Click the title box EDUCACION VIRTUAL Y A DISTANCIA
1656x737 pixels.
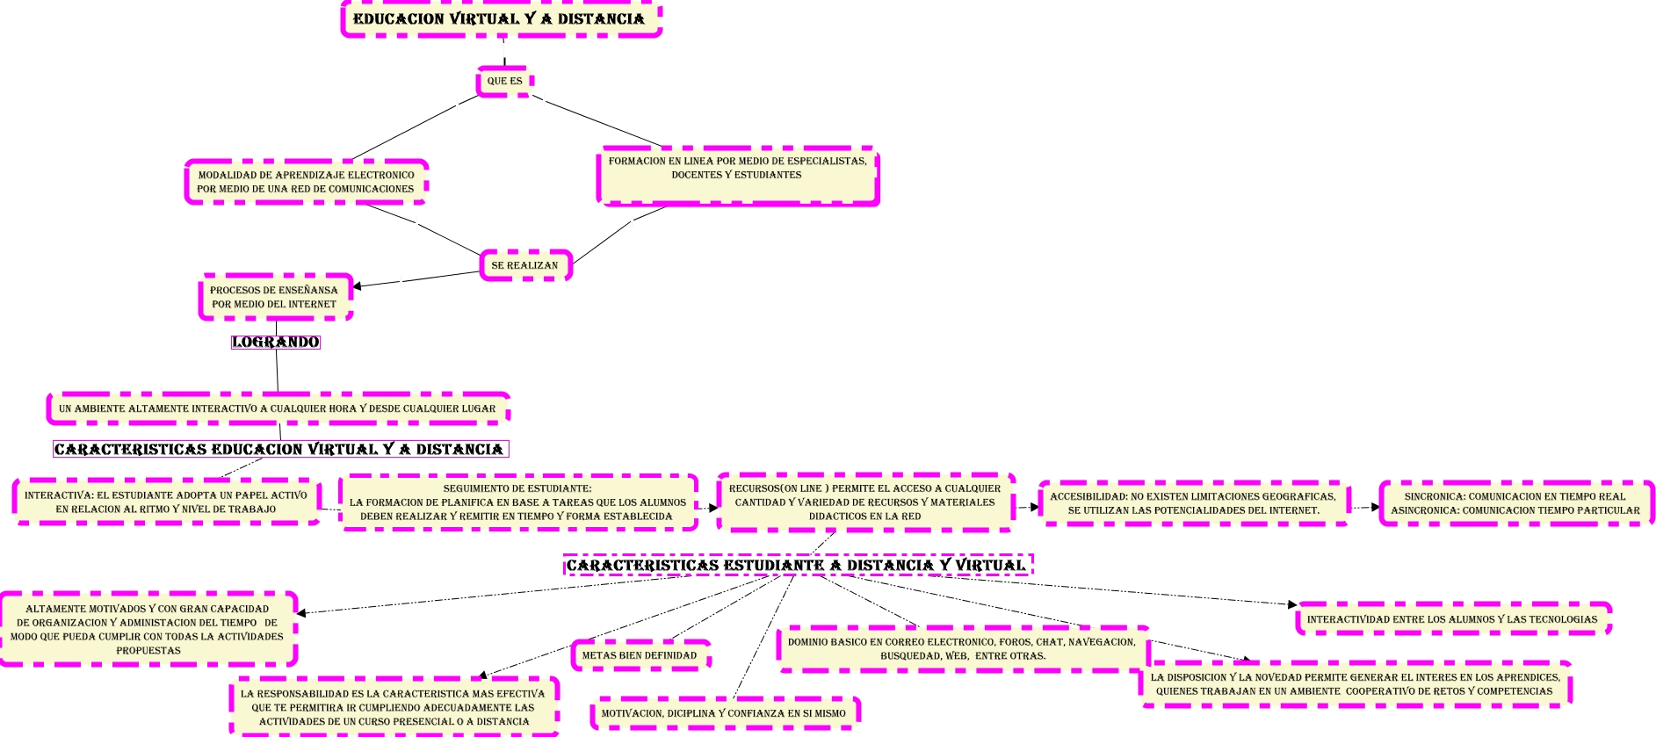pyautogui.click(x=501, y=19)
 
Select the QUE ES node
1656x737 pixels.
pyautogui.click(x=504, y=81)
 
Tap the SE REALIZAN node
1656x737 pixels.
pyautogui.click(x=525, y=265)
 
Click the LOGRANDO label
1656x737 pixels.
pyautogui.click(x=276, y=342)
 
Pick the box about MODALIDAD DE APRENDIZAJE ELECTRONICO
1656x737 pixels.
pyautogui.click(x=306, y=182)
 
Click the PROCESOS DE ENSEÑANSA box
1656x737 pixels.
pyautogui.click(x=275, y=297)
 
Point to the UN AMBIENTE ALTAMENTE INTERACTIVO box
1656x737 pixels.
pyautogui.click(x=278, y=408)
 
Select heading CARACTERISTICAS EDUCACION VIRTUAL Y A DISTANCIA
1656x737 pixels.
pyautogui.click(x=280, y=449)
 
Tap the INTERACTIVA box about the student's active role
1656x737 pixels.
pyautogui.click(x=166, y=502)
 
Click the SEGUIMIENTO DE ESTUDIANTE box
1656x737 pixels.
pyautogui.click(x=518, y=502)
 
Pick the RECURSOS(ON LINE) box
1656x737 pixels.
pyautogui.click(x=865, y=502)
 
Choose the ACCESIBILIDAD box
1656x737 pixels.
pyautogui.click(x=1194, y=503)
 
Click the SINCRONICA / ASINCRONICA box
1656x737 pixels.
pyautogui.click(x=1515, y=503)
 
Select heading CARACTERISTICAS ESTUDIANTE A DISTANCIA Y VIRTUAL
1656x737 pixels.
pyautogui.click(x=797, y=565)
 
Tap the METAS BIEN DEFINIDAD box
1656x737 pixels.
pyautogui.click(x=640, y=655)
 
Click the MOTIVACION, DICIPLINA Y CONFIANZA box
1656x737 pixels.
pyautogui.click(x=724, y=713)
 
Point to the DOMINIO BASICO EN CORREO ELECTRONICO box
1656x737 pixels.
pyautogui.click(x=963, y=649)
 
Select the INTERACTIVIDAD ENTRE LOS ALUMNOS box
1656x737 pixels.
pyautogui.click(x=1452, y=619)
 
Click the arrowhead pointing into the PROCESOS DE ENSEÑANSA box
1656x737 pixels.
pyautogui.click(x=357, y=285)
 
